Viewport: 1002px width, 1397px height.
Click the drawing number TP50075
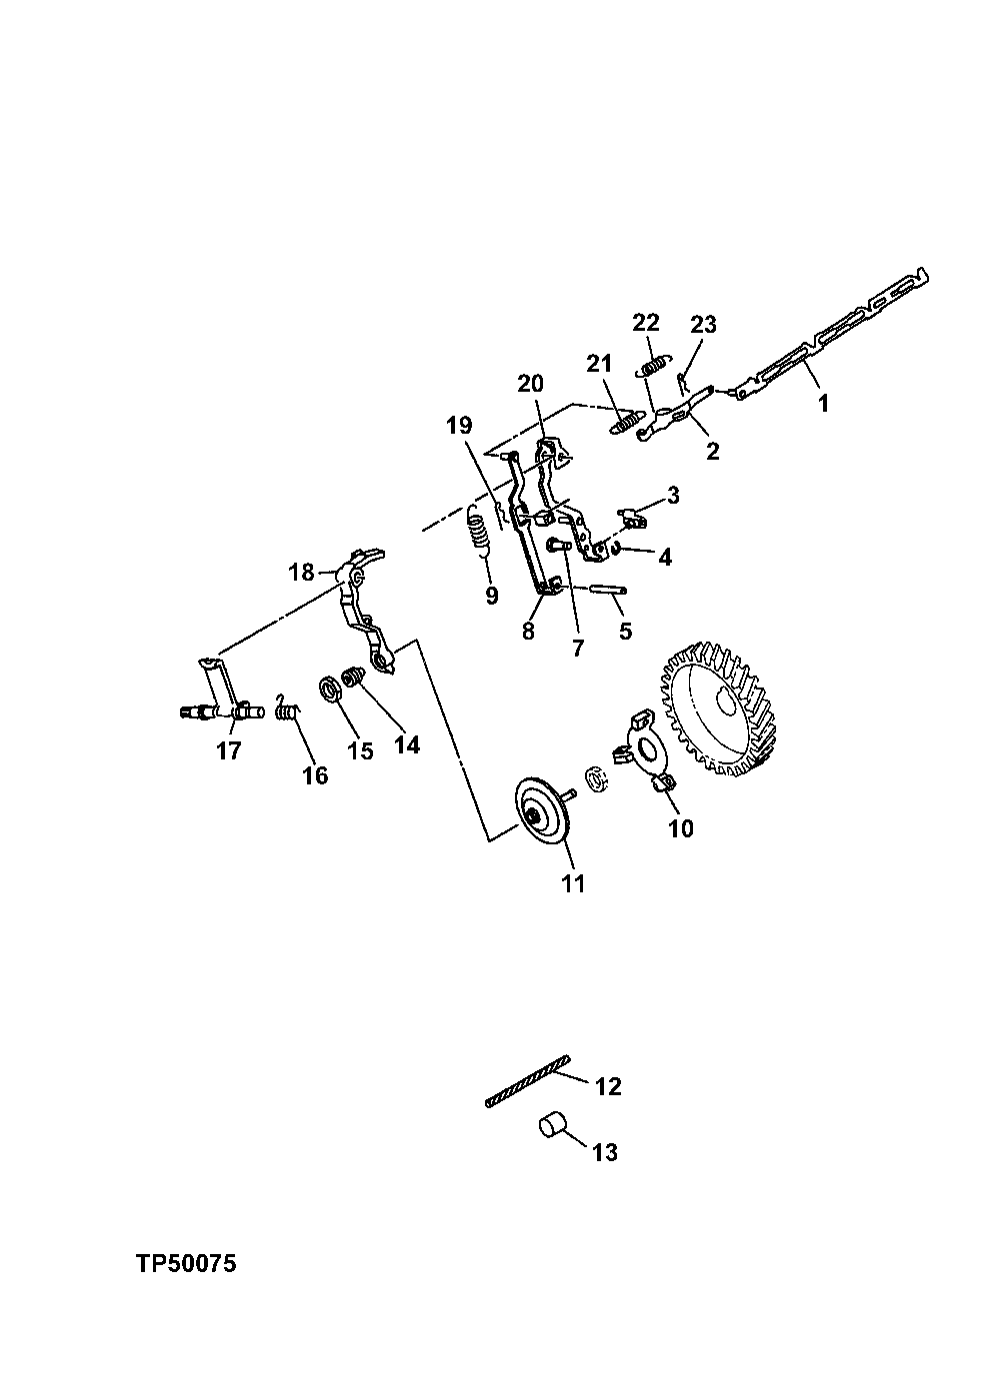click(186, 1264)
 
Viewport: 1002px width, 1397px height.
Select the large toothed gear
click(721, 706)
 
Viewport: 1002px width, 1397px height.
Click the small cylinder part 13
click(553, 1126)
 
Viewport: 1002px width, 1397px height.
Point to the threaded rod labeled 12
click(526, 1082)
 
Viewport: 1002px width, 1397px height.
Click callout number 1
click(823, 403)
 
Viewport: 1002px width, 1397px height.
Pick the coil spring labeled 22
click(653, 367)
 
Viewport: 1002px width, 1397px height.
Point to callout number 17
click(228, 751)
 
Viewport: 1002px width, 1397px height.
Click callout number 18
click(301, 573)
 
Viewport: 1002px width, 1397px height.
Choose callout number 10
click(681, 828)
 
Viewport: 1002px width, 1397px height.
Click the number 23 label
click(703, 324)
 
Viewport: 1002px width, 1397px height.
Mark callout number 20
click(530, 384)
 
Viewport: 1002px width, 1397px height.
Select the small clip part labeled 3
click(632, 517)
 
